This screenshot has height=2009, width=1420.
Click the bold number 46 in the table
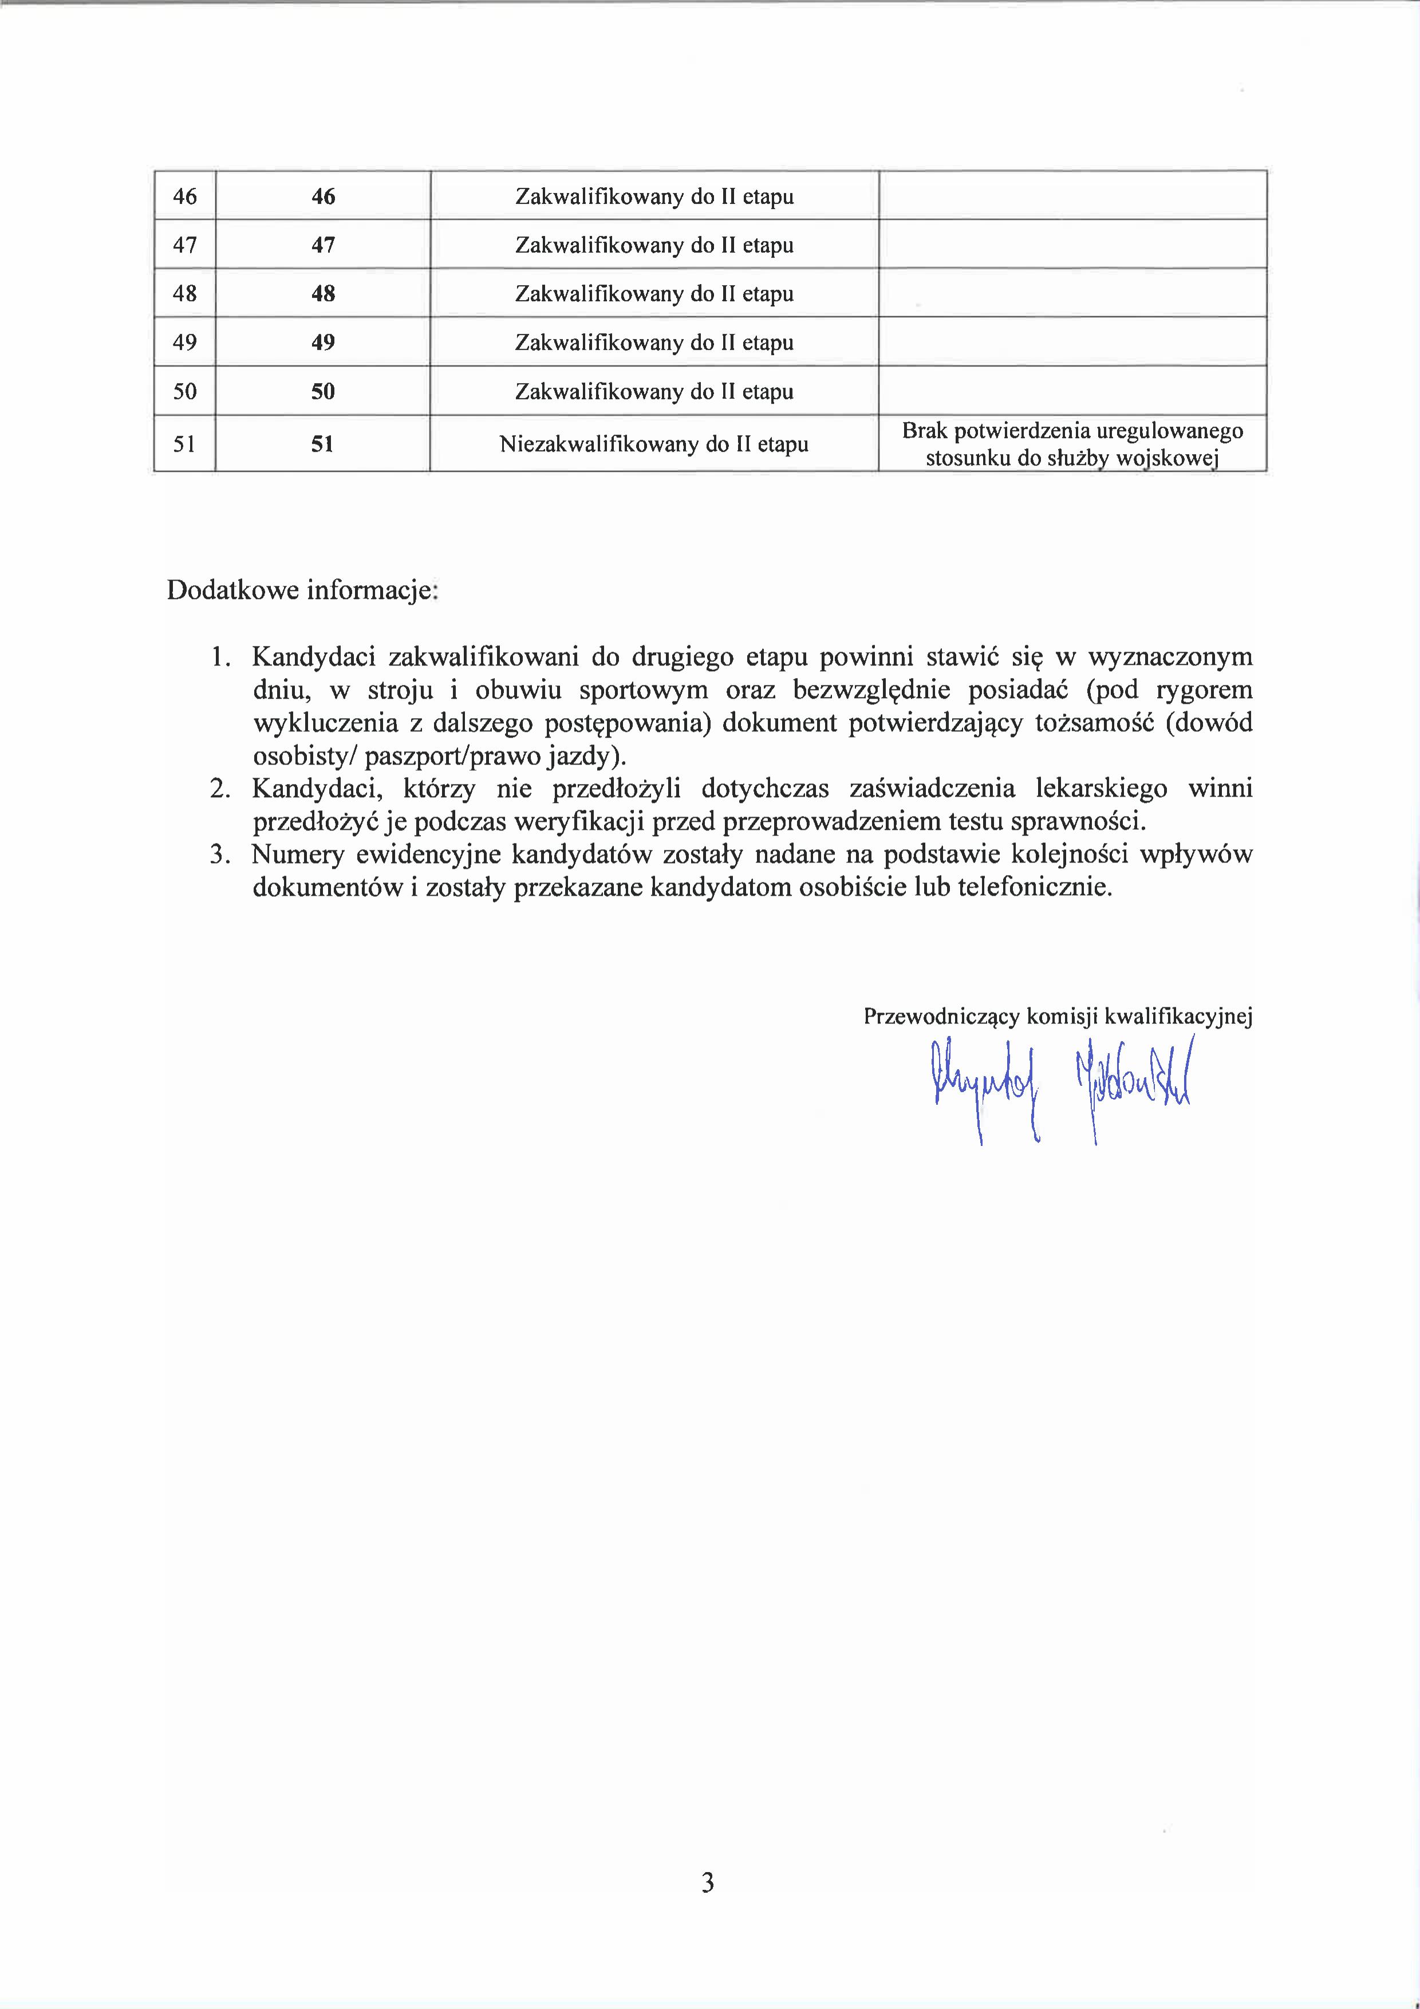point(323,196)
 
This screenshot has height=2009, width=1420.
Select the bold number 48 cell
point(323,293)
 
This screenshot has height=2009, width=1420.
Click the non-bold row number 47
point(184,245)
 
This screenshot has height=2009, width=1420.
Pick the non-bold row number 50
point(184,391)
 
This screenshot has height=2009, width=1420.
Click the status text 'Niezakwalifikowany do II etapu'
point(653,444)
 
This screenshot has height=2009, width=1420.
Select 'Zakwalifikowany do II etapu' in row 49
point(653,342)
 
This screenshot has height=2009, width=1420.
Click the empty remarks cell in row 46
point(1072,196)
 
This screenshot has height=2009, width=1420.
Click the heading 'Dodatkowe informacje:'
point(302,590)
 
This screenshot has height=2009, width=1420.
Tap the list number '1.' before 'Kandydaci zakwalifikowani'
point(220,656)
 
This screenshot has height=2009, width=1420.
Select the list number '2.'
point(220,789)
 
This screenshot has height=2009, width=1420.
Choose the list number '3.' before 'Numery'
point(220,854)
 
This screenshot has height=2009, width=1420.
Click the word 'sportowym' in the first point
point(643,690)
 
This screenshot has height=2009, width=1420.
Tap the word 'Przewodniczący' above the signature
point(941,1016)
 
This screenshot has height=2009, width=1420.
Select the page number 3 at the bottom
point(708,1882)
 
